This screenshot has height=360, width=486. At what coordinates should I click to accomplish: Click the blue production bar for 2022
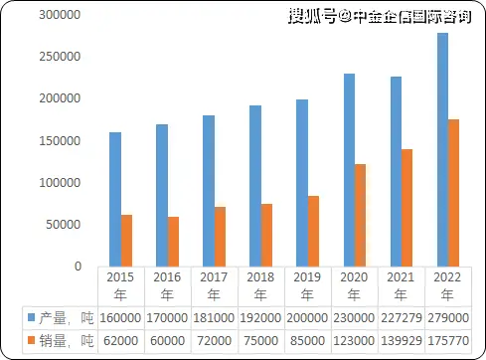click(x=442, y=149)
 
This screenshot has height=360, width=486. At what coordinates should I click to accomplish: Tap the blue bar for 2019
click(x=302, y=183)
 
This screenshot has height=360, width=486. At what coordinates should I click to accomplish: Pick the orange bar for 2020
click(x=360, y=215)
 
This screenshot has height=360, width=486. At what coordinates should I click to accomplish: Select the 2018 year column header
click(x=259, y=285)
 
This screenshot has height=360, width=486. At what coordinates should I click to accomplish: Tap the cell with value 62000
click(x=119, y=341)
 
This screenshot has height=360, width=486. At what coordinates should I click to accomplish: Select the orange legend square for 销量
click(x=30, y=341)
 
